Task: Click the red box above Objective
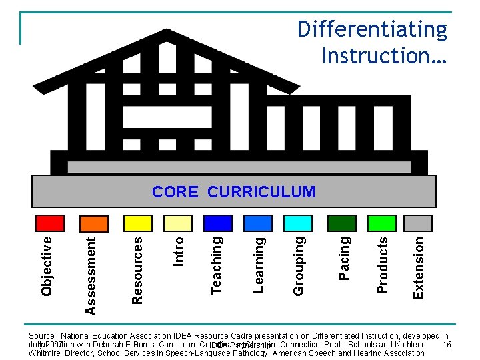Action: (50, 223)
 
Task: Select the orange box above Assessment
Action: (93, 223)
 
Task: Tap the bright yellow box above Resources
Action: (139, 223)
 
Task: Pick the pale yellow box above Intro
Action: (178, 223)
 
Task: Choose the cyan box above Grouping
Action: (298, 223)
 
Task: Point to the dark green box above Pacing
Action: (343, 223)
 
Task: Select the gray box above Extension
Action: (419, 223)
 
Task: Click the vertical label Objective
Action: (47, 264)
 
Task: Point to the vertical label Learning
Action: (260, 264)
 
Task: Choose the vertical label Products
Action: (383, 265)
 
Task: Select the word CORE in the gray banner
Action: (175, 193)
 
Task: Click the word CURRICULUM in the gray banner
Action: (261, 193)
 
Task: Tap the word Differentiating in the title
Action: (372, 29)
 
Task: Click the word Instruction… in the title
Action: (384, 55)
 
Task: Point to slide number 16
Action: (447, 344)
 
